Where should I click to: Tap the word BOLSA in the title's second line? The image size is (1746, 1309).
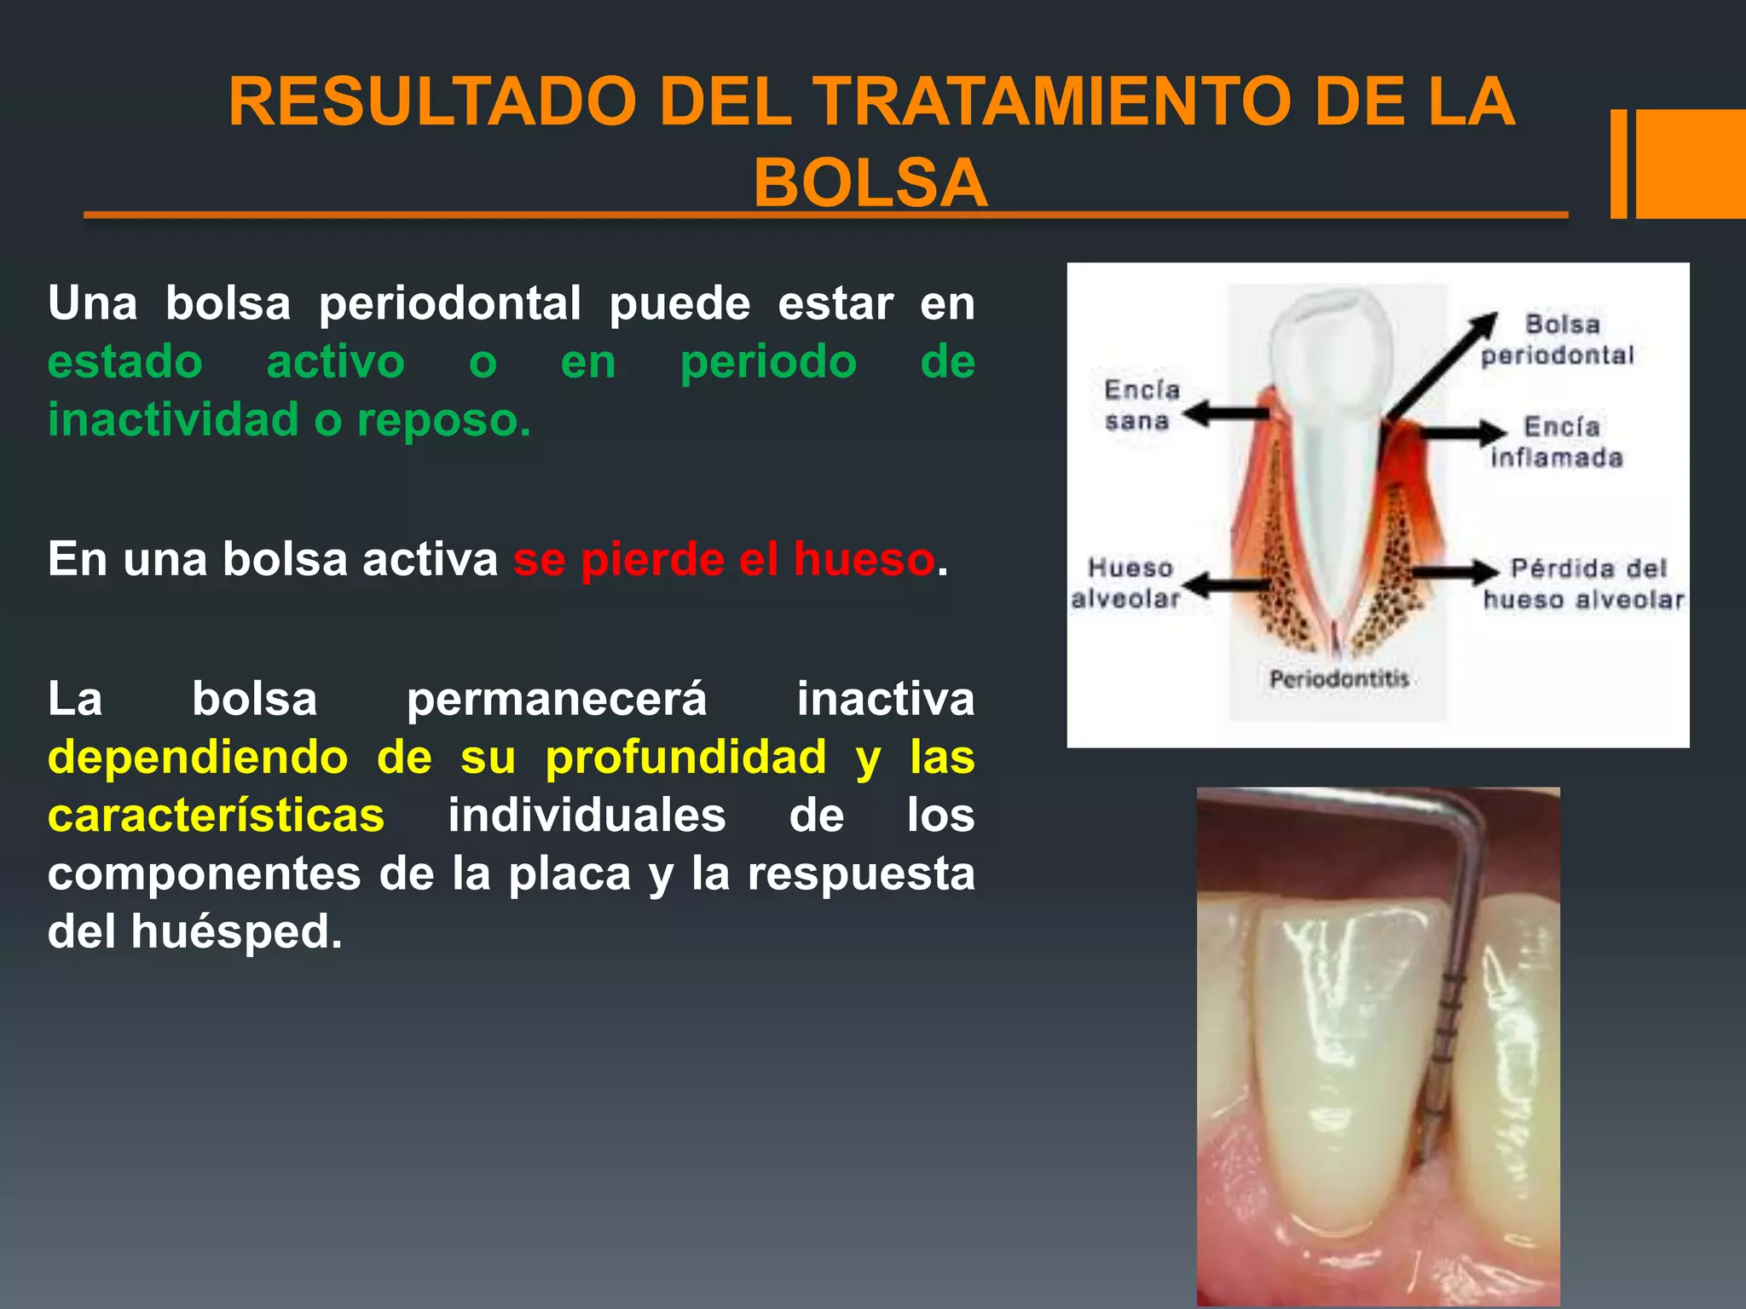click(870, 183)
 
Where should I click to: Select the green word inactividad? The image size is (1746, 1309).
click(173, 419)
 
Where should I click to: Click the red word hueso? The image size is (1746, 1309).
click(864, 560)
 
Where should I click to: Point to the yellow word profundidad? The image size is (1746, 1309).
click(685, 757)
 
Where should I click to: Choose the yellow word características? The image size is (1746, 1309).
click(216, 816)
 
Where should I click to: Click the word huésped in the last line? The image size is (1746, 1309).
click(236, 931)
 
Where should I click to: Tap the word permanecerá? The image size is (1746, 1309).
click(556, 700)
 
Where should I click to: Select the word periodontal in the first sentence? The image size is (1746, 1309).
click(450, 303)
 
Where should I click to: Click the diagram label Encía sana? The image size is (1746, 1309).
click(1141, 406)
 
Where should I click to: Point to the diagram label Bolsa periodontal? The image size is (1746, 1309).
click(1558, 339)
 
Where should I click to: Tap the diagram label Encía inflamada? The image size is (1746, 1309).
click(1558, 442)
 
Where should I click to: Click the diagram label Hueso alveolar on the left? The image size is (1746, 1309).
click(1127, 583)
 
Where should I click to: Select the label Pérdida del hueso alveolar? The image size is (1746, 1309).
click(1584, 584)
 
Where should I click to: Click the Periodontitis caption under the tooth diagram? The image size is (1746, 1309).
click(1338, 679)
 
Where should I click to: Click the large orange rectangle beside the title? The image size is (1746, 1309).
click(1690, 164)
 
